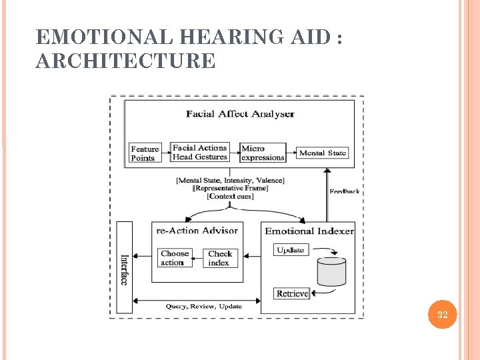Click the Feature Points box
[145, 153]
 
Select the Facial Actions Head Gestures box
[200, 153]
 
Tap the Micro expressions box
[263, 153]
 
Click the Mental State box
[323, 153]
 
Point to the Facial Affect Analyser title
[240, 114]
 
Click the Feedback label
[344, 191]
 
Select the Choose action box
[175, 258]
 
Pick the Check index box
[220, 258]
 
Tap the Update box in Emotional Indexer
[291, 250]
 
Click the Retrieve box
[292, 293]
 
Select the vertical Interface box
[124, 267]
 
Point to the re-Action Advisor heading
[197, 231]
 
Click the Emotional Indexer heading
[309, 231]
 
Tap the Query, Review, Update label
[204, 306]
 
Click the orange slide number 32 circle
[442, 315]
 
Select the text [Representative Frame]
[230, 188]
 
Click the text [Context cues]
[230, 196]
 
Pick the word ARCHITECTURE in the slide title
[125, 61]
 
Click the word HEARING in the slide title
[227, 38]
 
